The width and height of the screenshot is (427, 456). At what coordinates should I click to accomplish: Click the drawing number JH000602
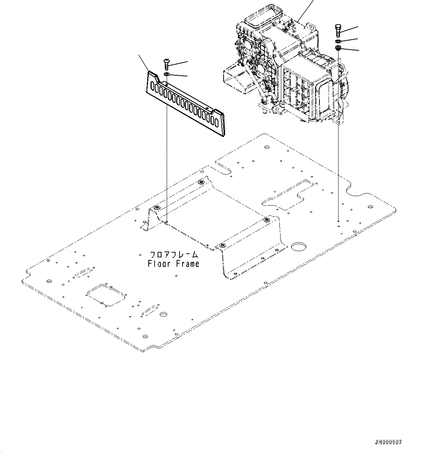[x=388, y=442]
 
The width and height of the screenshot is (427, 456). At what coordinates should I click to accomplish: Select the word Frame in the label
[x=188, y=264]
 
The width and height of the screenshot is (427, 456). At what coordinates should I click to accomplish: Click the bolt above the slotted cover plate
[x=166, y=65]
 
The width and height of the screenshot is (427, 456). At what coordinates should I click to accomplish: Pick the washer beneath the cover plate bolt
[x=166, y=75]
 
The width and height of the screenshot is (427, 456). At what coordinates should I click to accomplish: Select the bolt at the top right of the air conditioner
[x=338, y=30]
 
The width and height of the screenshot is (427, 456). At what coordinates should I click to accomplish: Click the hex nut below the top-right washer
[x=338, y=48]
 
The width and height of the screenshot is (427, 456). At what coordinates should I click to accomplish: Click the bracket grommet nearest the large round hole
[x=267, y=220]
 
